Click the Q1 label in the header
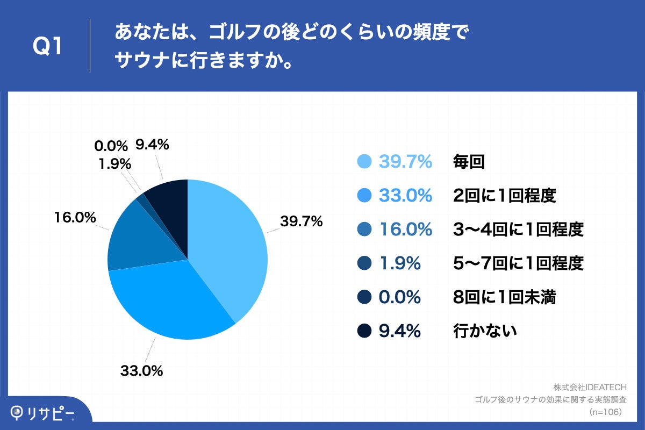pyautogui.click(x=48, y=47)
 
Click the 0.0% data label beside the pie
pyautogui.click(x=111, y=146)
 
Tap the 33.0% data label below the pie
pyautogui.click(x=141, y=370)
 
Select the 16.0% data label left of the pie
pyautogui.click(x=75, y=218)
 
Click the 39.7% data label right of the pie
pyautogui.click(x=301, y=221)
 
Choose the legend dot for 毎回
pyautogui.click(x=364, y=162)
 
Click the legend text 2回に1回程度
pyautogui.click(x=504, y=196)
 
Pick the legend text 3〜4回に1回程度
pyautogui.click(x=518, y=230)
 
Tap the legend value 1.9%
pyautogui.click(x=399, y=263)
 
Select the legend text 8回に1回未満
pyautogui.click(x=504, y=297)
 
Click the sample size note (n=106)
pyautogui.click(x=605, y=412)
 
